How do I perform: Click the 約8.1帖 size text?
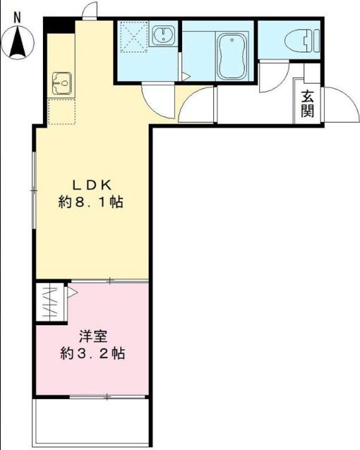(91, 202)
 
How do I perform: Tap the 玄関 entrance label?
(307, 104)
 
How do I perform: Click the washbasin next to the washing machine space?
(165, 36)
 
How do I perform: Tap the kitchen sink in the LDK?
(60, 84)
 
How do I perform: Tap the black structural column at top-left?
(58, 25)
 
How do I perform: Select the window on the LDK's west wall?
(34, 189)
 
